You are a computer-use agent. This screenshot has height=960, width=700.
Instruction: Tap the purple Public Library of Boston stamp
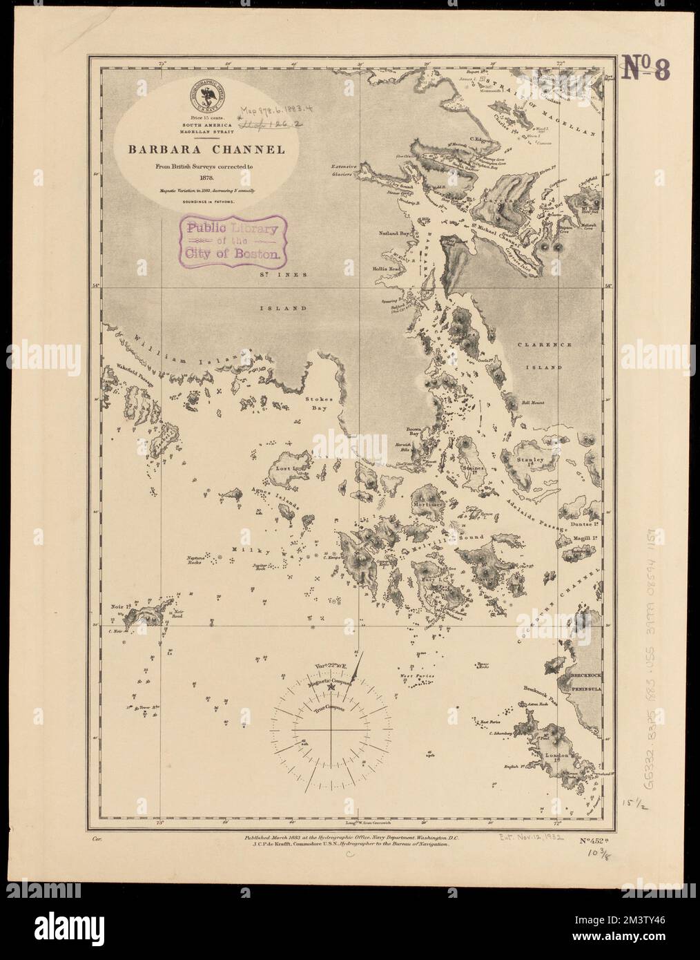click(231, 237)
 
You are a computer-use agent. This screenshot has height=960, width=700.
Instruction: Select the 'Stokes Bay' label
click(321, 404)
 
